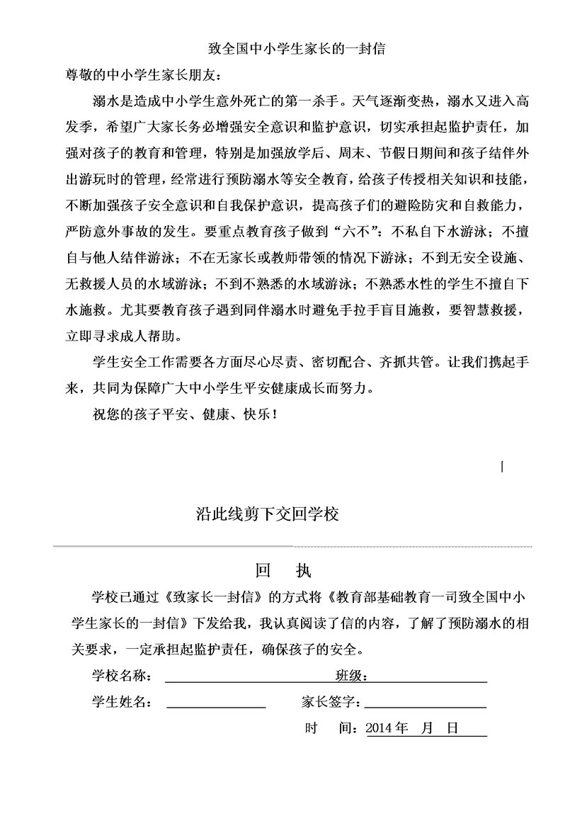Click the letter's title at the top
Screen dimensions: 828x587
point(295,49)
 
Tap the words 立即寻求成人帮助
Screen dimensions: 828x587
point(125,334)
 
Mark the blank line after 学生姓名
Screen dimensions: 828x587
point(215,707)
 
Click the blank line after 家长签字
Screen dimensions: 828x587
point(425,707)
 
